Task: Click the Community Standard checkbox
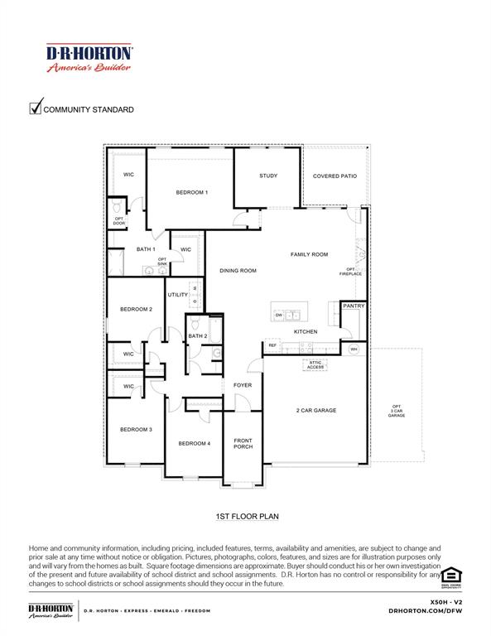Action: point(36,108)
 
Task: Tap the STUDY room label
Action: point(267,176)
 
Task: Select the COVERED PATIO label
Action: point(335,176)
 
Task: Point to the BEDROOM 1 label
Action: point(191,192)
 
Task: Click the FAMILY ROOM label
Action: point(309,254)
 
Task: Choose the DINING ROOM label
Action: point(238,271)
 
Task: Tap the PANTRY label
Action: point(354,306)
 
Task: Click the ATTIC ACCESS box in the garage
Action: point(315,364)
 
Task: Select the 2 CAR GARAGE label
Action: point(316,410)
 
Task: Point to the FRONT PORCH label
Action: point(243,443)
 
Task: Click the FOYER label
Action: point(242,385)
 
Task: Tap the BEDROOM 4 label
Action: point(195,443)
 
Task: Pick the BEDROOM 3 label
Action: point(136,429)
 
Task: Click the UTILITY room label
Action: point(178,295)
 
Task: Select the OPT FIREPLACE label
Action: point(350,271)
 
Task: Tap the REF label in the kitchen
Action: point(272,345)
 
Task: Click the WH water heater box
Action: point(354,349)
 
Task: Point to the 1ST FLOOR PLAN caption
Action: point(246,516)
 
